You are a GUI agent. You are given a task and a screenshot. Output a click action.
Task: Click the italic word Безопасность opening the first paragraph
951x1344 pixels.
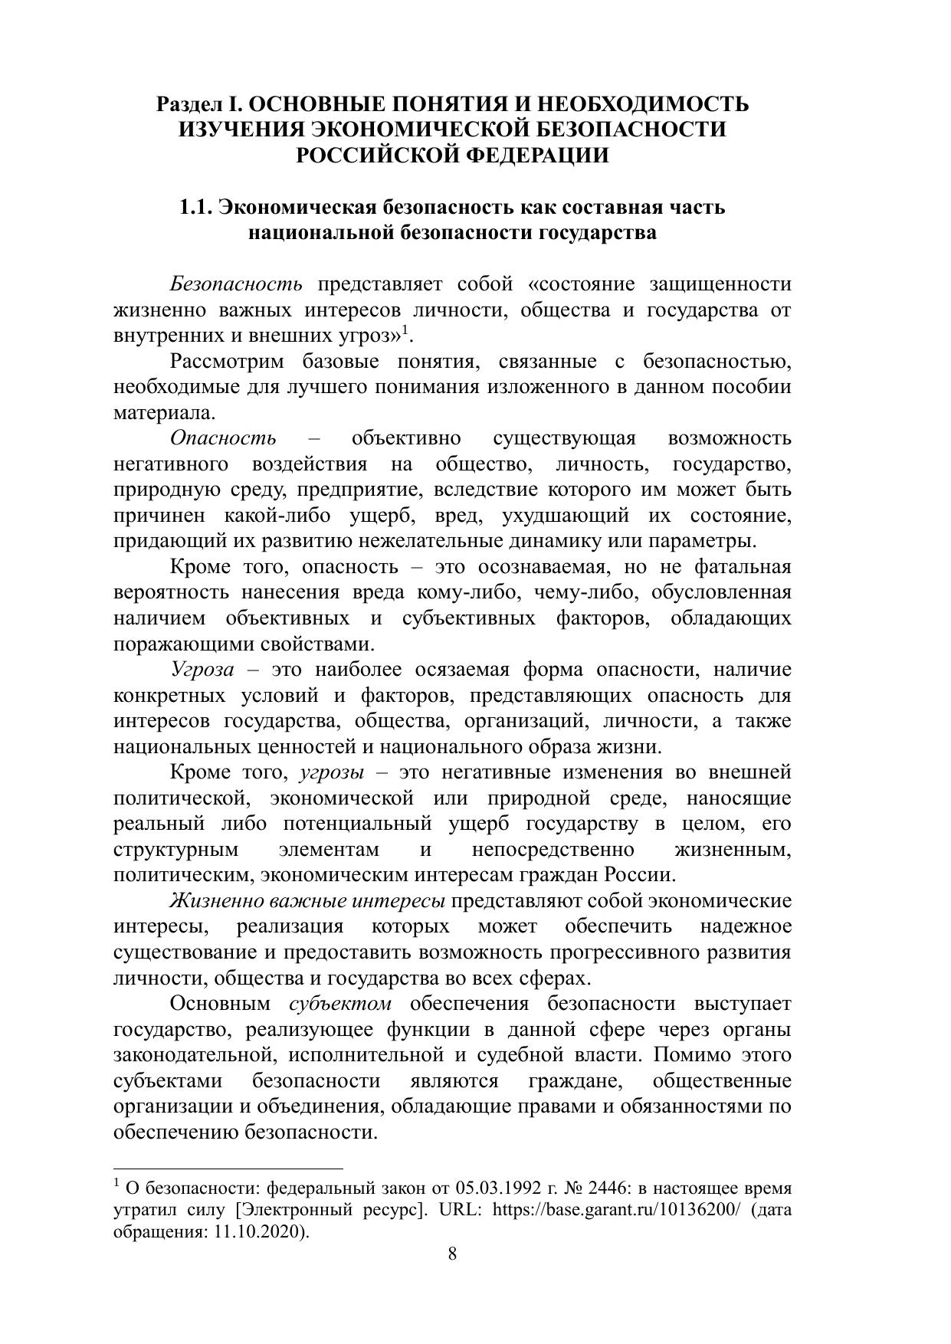[x=236, y=284]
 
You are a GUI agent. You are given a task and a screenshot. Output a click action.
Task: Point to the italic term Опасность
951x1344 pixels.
[x=223, y=438]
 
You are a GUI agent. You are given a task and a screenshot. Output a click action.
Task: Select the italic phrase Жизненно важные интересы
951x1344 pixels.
[x=307, y=901]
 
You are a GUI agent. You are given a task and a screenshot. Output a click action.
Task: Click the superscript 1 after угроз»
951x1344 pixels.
[x=406, y=331]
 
